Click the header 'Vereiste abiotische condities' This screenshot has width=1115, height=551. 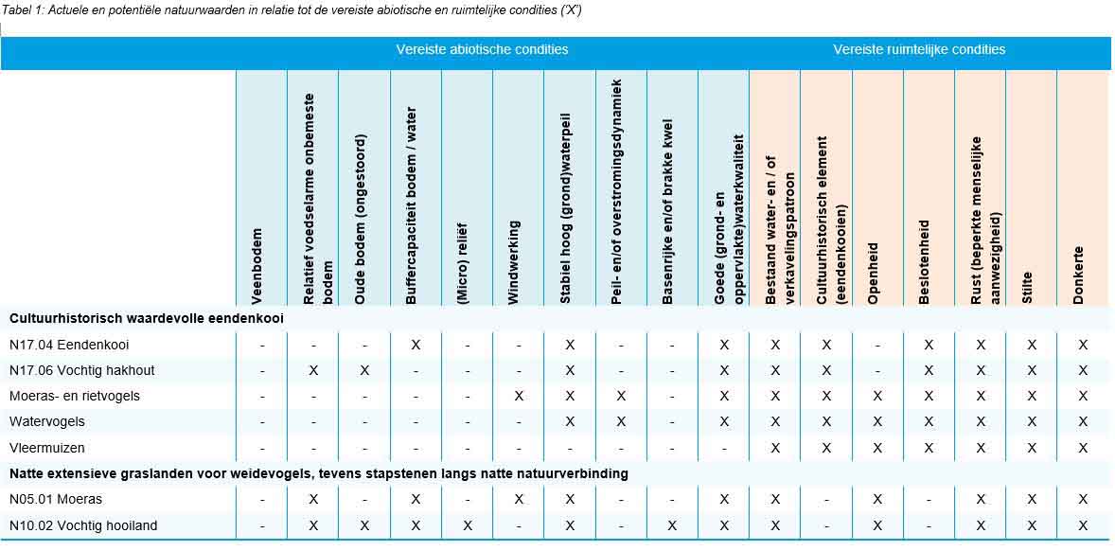(x=482, y=49)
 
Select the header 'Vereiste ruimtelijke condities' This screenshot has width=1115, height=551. (x=919, y=49)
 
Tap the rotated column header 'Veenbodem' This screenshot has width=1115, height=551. (x=257, y=265)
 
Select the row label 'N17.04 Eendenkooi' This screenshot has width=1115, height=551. (x=69, y=345)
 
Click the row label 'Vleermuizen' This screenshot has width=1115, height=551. (x=47, y=447)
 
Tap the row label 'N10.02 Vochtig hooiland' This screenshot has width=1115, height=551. (x=83, y=525)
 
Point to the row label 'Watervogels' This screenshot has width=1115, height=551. (x=47, y=421)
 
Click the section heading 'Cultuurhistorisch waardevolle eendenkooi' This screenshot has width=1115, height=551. (x=147, y=318)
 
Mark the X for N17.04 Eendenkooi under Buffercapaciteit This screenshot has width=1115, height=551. (x=416, y=345)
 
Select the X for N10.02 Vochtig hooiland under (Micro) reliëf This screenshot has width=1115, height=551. (x=467, y=525)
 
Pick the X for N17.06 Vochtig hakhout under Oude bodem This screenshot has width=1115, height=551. (x=364, y=370)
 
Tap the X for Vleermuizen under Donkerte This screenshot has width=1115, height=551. (x=1083, y=447)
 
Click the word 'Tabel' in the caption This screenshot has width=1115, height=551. (x=19, y=10)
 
